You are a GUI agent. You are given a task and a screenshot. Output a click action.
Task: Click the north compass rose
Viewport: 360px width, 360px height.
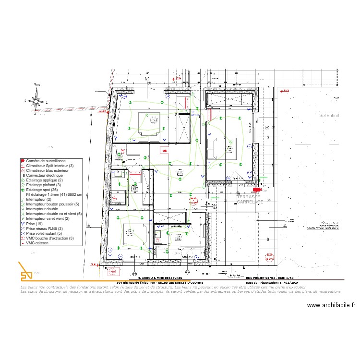coord(36,100)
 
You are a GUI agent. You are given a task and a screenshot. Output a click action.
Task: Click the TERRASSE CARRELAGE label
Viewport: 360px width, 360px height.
coord(249,200)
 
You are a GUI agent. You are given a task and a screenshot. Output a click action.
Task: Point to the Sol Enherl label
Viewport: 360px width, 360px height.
coord(329,115)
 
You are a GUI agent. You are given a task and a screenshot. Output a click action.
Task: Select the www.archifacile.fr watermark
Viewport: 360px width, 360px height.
coord(331,305)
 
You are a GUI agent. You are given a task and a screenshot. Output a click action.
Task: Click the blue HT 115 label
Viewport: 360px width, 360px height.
coord(195,116)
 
